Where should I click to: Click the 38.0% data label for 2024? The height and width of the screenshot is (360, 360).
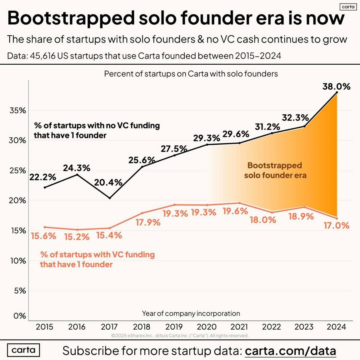click(x=336, y=86)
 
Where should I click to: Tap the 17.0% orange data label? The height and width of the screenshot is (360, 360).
click(x=336, y=226)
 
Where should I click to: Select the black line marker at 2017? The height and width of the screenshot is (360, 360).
click(x=109, y=198)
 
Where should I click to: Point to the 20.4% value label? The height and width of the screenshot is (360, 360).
click(x=108, y=182)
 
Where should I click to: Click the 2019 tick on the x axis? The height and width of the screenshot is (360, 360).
click(x=174, y=327)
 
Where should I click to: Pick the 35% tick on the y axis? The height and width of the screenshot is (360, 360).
click(x=18, y=111)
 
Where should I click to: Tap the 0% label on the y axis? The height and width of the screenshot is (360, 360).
click(x=19, y=316)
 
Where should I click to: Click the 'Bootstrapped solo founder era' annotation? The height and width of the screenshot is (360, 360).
click(x=275, y=170)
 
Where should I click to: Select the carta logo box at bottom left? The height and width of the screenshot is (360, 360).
click(x=23, y=350)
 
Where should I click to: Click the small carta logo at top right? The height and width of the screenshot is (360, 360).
click(x=348, y=7)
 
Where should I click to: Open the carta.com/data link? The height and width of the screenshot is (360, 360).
click(x=290, y=351)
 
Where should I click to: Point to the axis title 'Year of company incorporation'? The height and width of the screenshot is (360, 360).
click(x=191, y=313)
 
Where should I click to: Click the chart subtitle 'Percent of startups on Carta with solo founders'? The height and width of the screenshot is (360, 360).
click(x=191, y=74)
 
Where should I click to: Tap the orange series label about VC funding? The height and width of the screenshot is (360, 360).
click(x=97, y=259)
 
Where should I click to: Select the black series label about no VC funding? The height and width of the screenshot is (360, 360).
click(x=97, y=130)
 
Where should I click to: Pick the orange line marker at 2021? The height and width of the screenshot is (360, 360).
click(x=239, y=203)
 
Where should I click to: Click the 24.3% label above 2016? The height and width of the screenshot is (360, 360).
click(x=77, y=168)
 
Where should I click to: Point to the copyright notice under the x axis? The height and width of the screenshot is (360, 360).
click(x=180, y=336)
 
